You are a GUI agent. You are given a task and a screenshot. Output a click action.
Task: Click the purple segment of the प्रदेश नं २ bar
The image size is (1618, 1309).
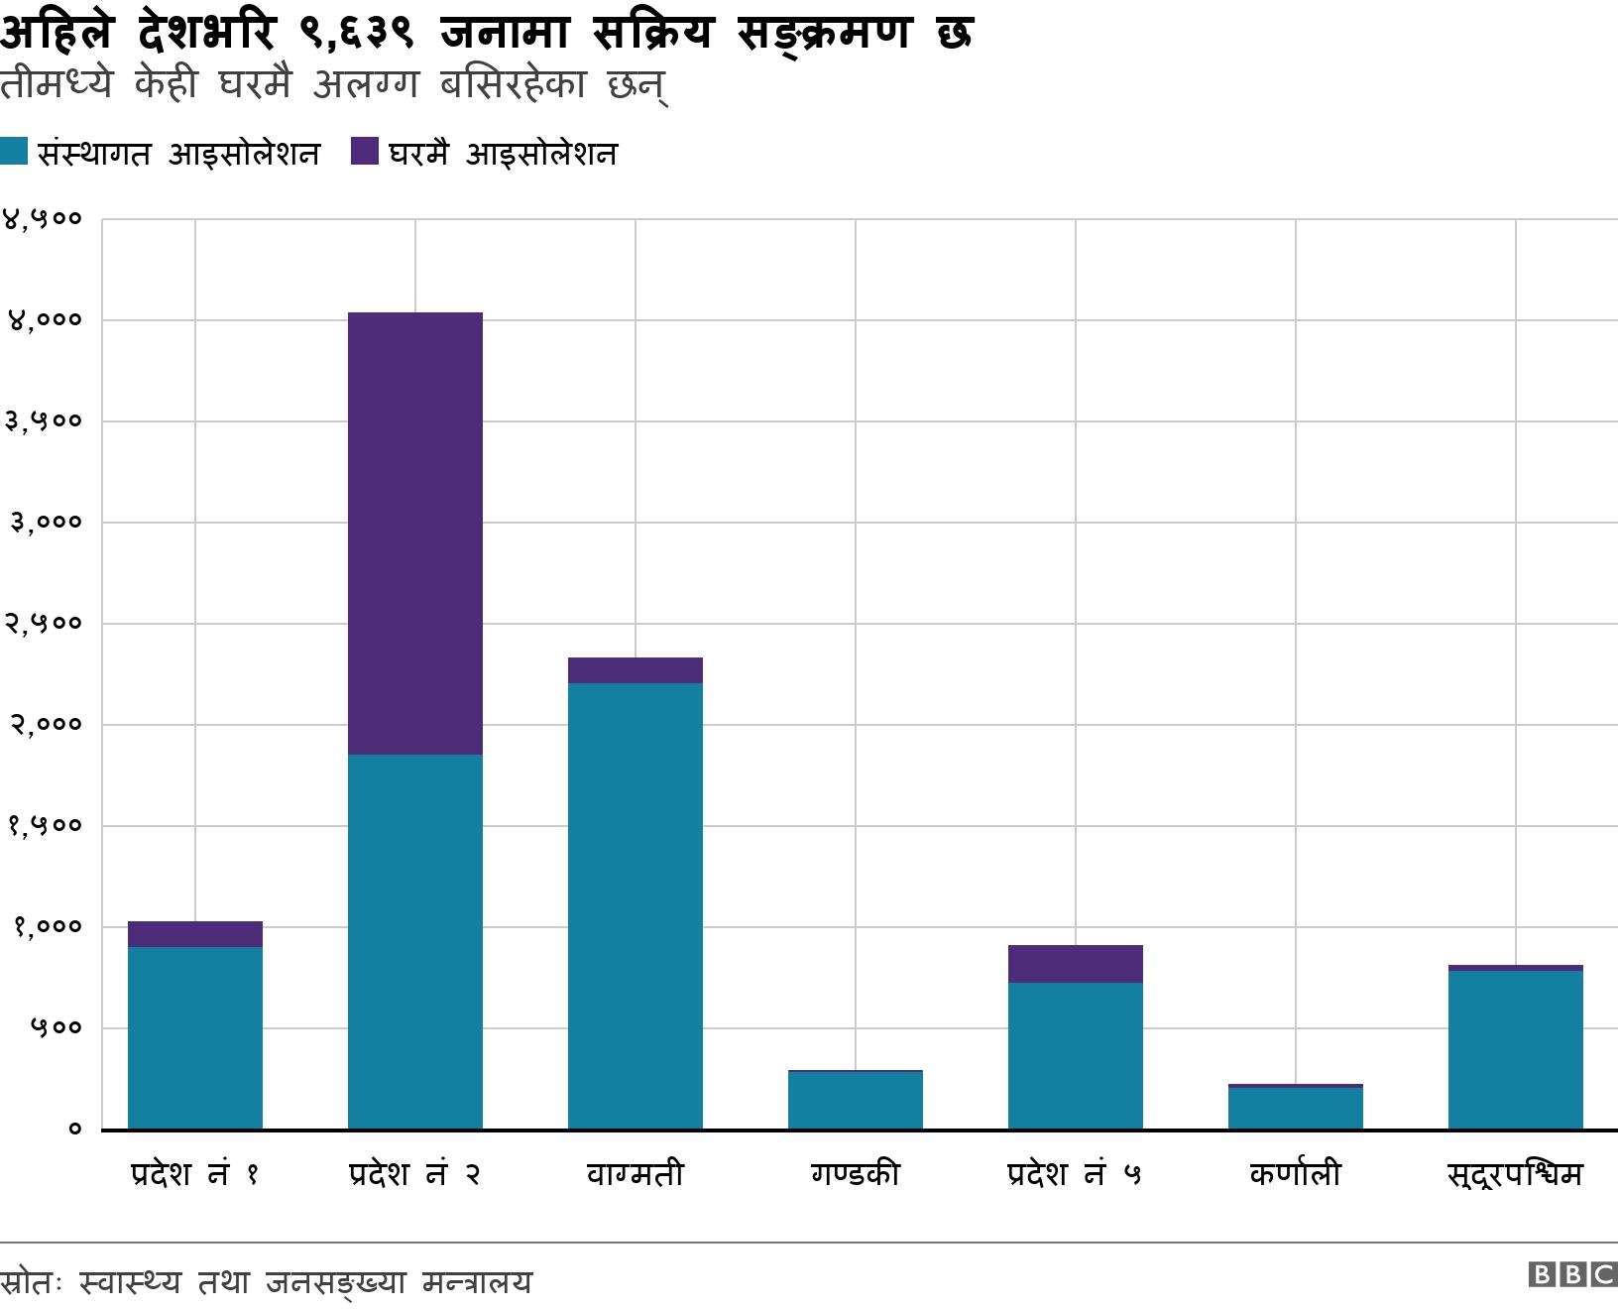pyautogui.click(x=415, y=534)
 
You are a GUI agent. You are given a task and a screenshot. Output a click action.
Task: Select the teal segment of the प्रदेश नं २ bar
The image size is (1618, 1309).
pyautogui.click(x=415, y=942)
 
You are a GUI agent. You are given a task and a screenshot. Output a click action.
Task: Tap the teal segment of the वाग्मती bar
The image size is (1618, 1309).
pyautogui.click(x=636, y=905)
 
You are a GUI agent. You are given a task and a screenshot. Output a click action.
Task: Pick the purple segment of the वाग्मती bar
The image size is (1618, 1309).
pyautogui.click(x=636, y=670)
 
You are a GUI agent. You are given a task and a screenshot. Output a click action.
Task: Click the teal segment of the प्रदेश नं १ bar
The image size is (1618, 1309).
pyautogui.click(x=195, y=1037)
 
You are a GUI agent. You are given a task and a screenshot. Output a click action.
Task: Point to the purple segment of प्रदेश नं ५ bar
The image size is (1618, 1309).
pyautogui.click(x=1076, y=964)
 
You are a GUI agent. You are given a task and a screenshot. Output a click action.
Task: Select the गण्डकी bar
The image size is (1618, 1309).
pyautogui.click(x=856, y=1100)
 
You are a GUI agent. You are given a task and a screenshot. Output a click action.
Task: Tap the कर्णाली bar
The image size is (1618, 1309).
pyautogui.click(x=1296, y=1108)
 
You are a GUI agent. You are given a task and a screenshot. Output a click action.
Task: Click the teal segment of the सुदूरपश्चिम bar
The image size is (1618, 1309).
pyautogui.click(x=1516, y=1049)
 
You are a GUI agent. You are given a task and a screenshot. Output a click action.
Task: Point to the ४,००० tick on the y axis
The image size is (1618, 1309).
pyautogui.click(x=44, y=320)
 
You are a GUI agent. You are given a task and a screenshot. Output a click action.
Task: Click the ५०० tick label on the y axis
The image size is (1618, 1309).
pyautogui.click(x=55, y=1027)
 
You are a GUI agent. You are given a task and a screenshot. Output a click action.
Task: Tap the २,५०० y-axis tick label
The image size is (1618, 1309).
pyautogui.click(x=44, y=624)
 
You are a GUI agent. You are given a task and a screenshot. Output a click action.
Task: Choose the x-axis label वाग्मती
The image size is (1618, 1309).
pyautogui.click(x=636, y=1174)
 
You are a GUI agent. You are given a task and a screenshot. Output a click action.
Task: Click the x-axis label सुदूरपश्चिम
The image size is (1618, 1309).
pyautogui.click(x=1516, y=1175)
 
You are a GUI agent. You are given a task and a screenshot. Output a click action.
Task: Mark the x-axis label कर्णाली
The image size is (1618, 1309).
pyautogui.click(x=1296, y=1174)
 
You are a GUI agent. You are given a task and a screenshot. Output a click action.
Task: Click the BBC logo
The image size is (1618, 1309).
pyautogui.click(x=1572, y=1274)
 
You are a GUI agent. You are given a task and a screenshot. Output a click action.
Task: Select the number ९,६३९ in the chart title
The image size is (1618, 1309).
pyautogui.click(x=355, y=33)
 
